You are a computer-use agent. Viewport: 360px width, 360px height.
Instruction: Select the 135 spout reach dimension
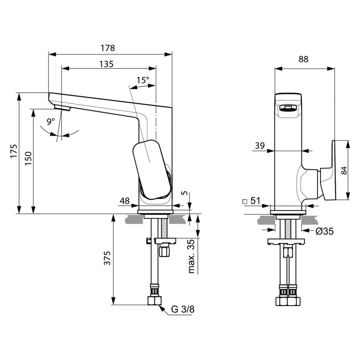pos(106,64)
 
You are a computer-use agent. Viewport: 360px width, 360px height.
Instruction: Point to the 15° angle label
pos(143,80)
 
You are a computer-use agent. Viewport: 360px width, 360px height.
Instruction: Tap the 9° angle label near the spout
pos(51,122)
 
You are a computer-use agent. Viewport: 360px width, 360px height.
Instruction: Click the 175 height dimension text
pos(14,152)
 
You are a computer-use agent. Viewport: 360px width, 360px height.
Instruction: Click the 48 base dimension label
pos(124,201)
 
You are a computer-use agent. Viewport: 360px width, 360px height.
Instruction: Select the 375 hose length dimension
pos(107,258)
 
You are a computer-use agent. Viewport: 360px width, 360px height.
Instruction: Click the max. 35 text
pos(191,256)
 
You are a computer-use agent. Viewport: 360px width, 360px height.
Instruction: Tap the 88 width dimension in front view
pos(304,60)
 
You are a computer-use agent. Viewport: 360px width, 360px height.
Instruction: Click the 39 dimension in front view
pos(260,146)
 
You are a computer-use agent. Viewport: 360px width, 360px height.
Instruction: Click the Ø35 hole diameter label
pos(325,231)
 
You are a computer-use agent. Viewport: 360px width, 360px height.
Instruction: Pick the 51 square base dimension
pos(255,201)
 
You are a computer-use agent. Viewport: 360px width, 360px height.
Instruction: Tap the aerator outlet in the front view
pos(288,109)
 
